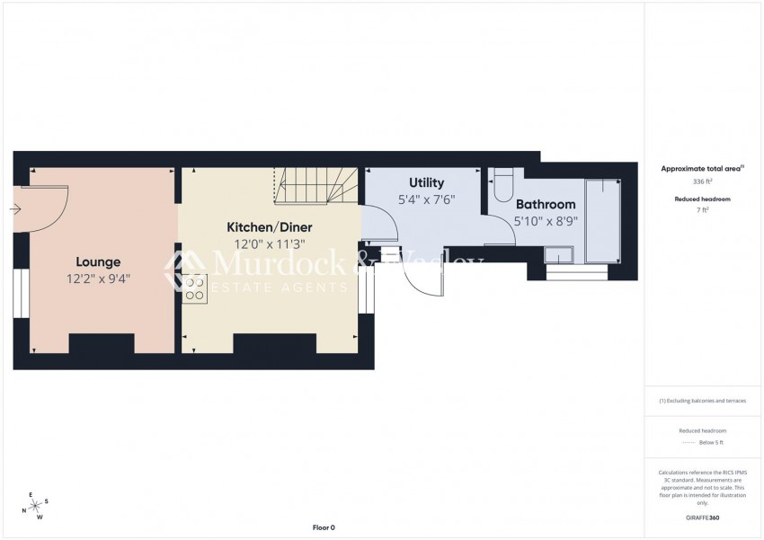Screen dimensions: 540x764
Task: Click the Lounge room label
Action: tap(98, 262)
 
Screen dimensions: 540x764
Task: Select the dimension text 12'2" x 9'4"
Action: tap(98, 279)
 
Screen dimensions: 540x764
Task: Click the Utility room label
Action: tap(426, 182)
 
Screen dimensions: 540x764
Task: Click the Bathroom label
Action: tap(546, 205)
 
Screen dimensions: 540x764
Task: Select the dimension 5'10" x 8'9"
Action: tap(546, 221)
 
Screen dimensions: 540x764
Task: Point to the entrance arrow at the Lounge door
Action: tap(17, 209)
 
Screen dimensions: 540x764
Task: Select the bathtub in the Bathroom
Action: tap(603, 221)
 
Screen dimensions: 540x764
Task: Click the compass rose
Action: tap(35, 506)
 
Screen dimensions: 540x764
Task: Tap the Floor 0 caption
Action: tap(323, 527)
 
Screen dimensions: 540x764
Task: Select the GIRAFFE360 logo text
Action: tap(701, 518)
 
